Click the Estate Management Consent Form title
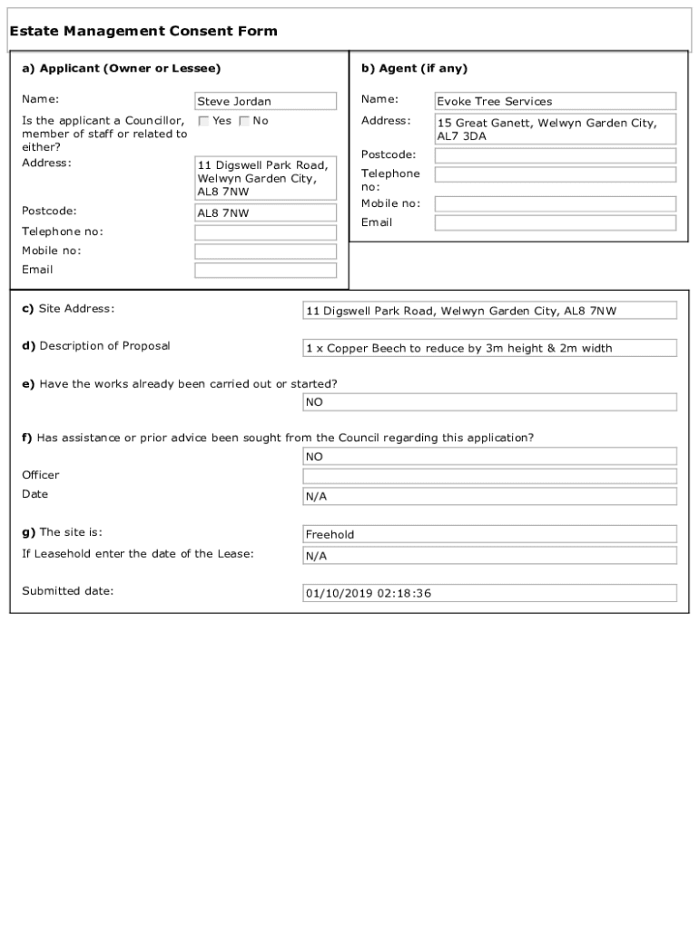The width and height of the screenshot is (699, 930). pyautogui.click(x=143, y=32)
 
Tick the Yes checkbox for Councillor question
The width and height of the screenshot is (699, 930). pyautogui.click(x=204, y=121)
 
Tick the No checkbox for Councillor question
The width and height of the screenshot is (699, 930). pyautogui.click(x=244, y=121)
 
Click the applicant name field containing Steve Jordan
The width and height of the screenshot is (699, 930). pyautogui.click(x=265, y=102)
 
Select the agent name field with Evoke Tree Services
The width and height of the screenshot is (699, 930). pyautogui.click(x=555, y=102)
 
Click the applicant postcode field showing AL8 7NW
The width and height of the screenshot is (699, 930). pyautogui.click(x=265, y=213)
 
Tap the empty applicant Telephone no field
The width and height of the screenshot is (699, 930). pyautogui.click(x=265, y=232)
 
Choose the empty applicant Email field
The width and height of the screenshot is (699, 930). pyautogui.click(x=265, y=271)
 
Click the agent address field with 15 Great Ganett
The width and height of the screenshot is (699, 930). pyautogui.click(x=555, y=130)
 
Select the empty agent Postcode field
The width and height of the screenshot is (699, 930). pyautogui.click(x=555, y=155)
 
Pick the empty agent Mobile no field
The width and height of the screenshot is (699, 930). pyautogui.click(x=555, y=204)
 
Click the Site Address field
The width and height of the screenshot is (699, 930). pyautogui.click(x=489, y=311)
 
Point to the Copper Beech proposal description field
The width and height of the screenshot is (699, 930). pyautogui.click(x=489, y=348)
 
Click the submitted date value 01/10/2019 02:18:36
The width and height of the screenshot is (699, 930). pyautogui.click(x=489, y=593)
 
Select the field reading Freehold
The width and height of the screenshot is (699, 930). pyautogui.click(x=489, y=534)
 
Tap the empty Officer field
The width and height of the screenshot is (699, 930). pyautogui.click(x=489, y=476)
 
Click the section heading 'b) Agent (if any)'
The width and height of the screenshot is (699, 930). pyautogui.click(x=414, y=69)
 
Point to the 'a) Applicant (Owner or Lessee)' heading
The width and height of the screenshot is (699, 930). pyautogui.click(x=121, y=69)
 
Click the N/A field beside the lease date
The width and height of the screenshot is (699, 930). pyautogui.click(x=489, y=555)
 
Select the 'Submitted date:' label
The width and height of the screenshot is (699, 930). pyautogui.click(x=67, y=591)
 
